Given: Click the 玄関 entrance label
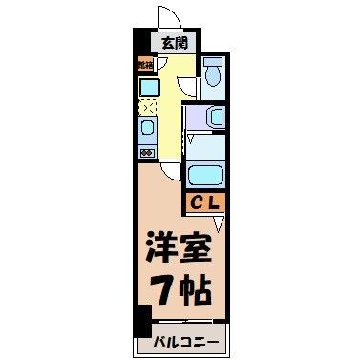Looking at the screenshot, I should [174, 42].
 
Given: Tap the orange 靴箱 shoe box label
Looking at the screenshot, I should [145, 65].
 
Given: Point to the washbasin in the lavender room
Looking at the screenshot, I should [216, 116].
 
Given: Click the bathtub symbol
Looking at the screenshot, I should [205, 174].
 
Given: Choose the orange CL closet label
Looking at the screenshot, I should [204, 201].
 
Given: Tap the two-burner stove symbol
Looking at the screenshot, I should [148, 151].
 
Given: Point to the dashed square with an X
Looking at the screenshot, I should [148, 106].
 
